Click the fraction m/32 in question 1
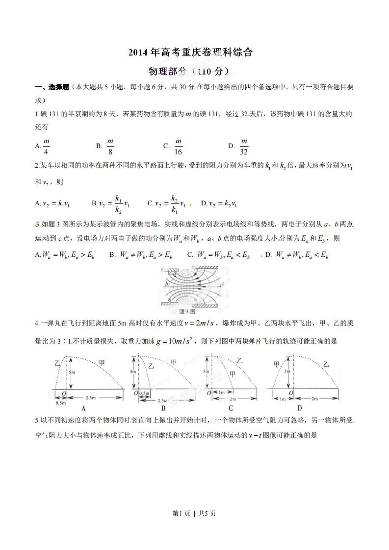click(244, 146)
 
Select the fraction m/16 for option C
click(179, 146)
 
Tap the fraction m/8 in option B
click(110, 146)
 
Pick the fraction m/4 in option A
click(47, 146)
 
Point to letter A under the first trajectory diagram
click(83, 408)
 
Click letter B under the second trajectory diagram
click(163, 408)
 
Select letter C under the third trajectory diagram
click(230, 408)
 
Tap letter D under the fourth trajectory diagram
click(299, 408)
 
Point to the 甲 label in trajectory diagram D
click(277, 363)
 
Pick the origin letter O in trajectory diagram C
click(209, 393)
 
